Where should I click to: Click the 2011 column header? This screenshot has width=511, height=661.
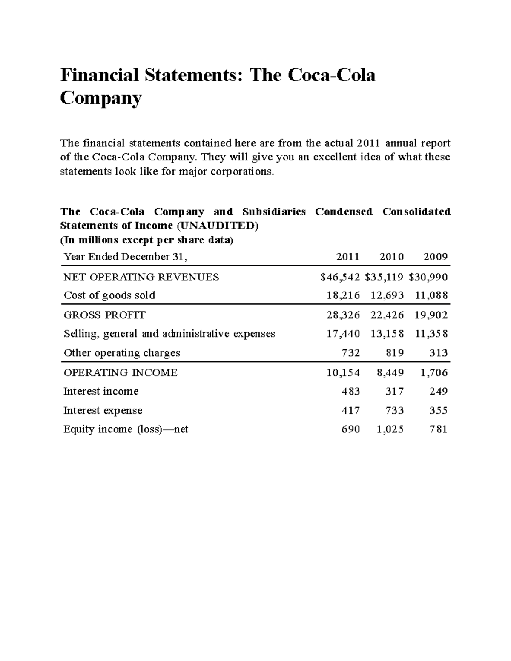click(x=348, y=257)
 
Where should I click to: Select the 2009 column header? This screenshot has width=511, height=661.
click(x=436, y=257)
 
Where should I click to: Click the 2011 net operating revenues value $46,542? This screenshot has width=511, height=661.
click(x=340, y=278)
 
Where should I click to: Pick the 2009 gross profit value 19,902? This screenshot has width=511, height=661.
click(x=431, y=315)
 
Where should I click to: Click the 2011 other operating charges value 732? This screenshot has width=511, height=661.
click(x=351, y=353)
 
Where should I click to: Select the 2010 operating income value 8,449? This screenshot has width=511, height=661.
click(x=390, y=373)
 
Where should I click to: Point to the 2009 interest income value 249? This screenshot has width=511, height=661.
click(x=439, y=391)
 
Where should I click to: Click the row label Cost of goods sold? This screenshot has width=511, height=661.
click(x=109, y=295)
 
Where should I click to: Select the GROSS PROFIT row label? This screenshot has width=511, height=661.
click(x=104, y=315)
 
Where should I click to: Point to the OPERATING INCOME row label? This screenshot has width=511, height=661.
click(x=121, y=373)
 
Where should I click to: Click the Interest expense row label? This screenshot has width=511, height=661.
click(x=103, y=411)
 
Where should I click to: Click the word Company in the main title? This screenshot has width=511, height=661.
click(x=100, y=98)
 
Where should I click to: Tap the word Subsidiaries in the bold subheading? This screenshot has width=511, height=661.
click(x=274, y=212)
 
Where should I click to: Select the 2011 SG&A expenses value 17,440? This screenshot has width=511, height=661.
click(x=343, y=334)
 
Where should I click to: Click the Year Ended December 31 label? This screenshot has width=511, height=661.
click(x=125, y=257)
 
